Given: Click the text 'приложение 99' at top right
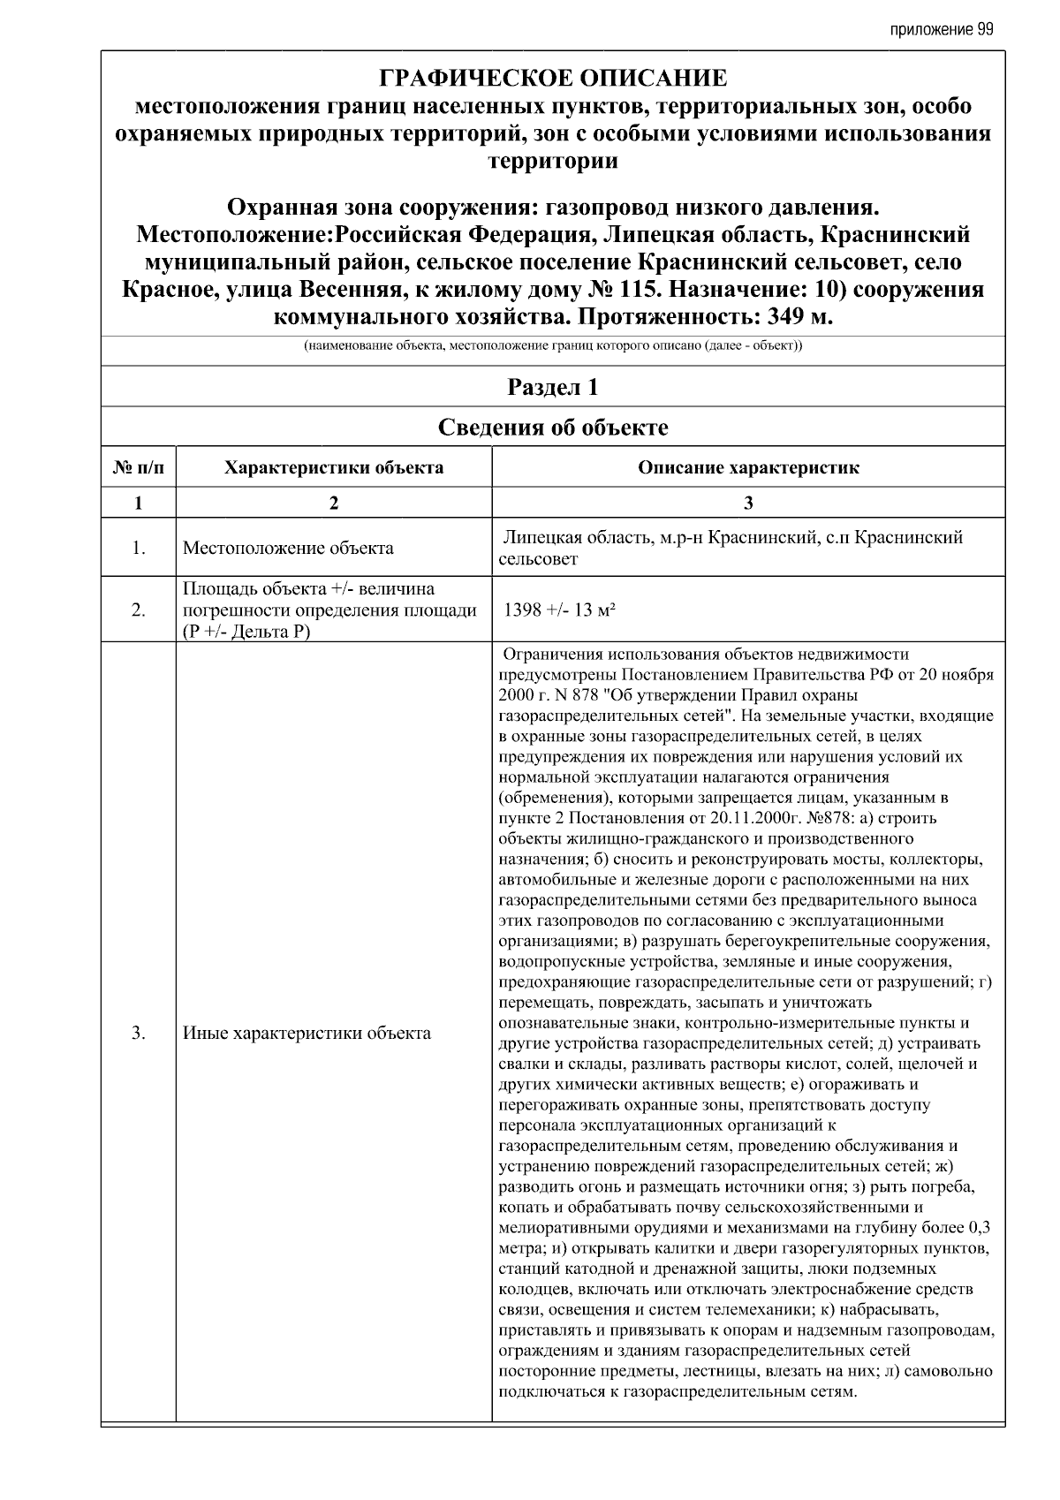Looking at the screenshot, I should pyautogui.click(x=942, y=29).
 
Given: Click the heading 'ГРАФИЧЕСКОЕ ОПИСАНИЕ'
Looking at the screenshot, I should pyautogui.click(x=553, y=79).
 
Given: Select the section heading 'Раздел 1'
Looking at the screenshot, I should pyautogui.click(x=553, y=387).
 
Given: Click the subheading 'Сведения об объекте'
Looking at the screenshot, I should pyautogui.click(x=553, y=428).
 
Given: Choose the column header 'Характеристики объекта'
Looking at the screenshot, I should pyautogui.click(x=334, y=467).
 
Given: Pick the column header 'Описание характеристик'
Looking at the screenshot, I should pyautogui.click(x=748, y=467).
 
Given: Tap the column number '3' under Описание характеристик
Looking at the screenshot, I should pyautogui.click(x=748, y=503).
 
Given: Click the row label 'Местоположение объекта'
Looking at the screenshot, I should pyautogui.click(x=288, y=548).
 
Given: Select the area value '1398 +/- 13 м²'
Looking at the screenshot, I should pyautogui.click(x=559, y=610).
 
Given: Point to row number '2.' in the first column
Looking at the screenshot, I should pyautogui.click(x=139, y=610).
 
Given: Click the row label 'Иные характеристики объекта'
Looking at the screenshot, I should pyautogui.click(x=307, y=1033).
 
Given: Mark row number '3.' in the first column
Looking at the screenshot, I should pyautogui.click(x=139, y=1033).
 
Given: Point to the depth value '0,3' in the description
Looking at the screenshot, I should pyautogui.click(x=979, y=1227).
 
